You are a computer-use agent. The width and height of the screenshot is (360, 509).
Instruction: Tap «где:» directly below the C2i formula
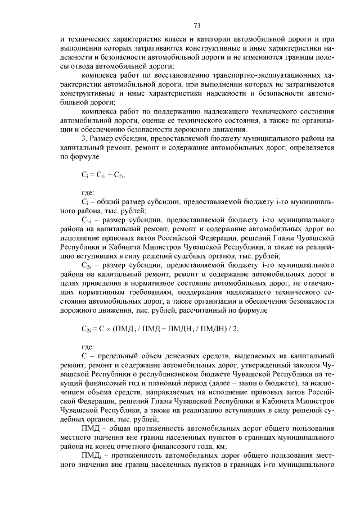(x=88, y=347)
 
